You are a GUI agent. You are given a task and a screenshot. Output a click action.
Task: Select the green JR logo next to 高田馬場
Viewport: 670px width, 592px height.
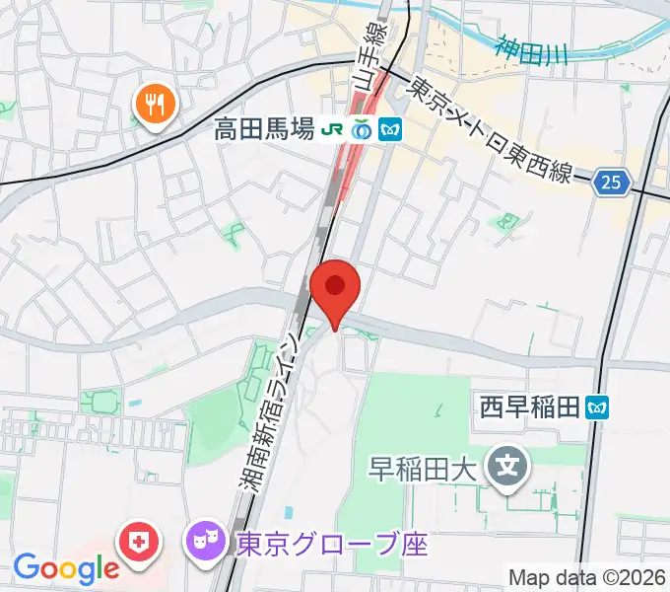[334, 128]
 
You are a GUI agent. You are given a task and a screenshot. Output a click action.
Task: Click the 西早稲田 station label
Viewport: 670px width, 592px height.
[529, 406]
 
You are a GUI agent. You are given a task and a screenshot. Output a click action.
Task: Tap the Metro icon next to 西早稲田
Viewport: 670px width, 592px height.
[597, 406]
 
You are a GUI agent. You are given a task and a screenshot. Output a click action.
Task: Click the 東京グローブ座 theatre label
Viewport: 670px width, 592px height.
[331, 543]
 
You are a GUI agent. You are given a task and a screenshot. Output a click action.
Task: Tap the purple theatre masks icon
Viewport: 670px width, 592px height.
[203, 542]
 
